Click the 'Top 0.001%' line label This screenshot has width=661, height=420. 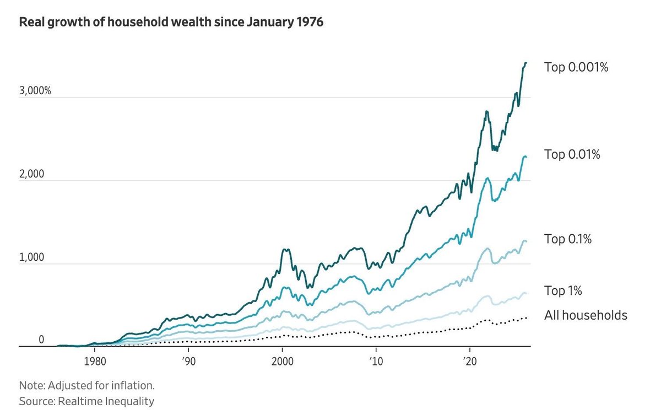click(x=576, y=67)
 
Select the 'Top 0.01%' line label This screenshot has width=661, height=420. click(x=572, y=154)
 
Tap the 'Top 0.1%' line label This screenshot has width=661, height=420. click(x=568, y=239)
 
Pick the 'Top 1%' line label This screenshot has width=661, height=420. click(x=563, y=290)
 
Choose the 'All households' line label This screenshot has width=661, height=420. click(x=586, y=315)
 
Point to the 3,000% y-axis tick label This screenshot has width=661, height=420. click(x=35, y=90)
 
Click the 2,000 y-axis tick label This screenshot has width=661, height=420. click(x=31, y=174)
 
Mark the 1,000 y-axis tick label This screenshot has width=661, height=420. click(x=31, y=257)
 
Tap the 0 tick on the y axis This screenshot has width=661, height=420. click(x=41, y=340)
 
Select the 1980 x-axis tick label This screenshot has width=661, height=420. click(x=95, y=361)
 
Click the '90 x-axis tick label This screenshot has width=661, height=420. click(x=188, y=361)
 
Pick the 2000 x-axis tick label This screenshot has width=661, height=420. click(x=283, y=361)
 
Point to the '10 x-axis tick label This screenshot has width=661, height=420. click(x=376, y=361)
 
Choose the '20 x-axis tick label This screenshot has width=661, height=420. click(x=470, y=361)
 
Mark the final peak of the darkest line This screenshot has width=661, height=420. click(x=526, y=63)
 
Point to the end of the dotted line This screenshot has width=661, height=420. click(x=526, y=318)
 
